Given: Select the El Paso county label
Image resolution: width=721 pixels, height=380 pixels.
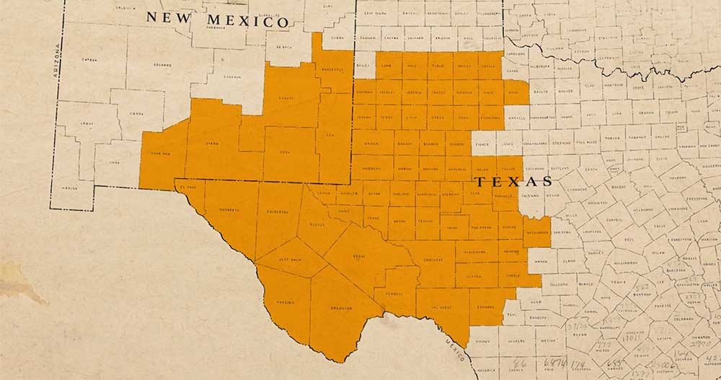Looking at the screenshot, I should (x=189, y=186).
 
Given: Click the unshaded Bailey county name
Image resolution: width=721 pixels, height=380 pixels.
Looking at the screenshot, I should (x=363, y=64).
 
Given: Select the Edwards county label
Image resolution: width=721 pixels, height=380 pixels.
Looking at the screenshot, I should (x=487, y=306).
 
